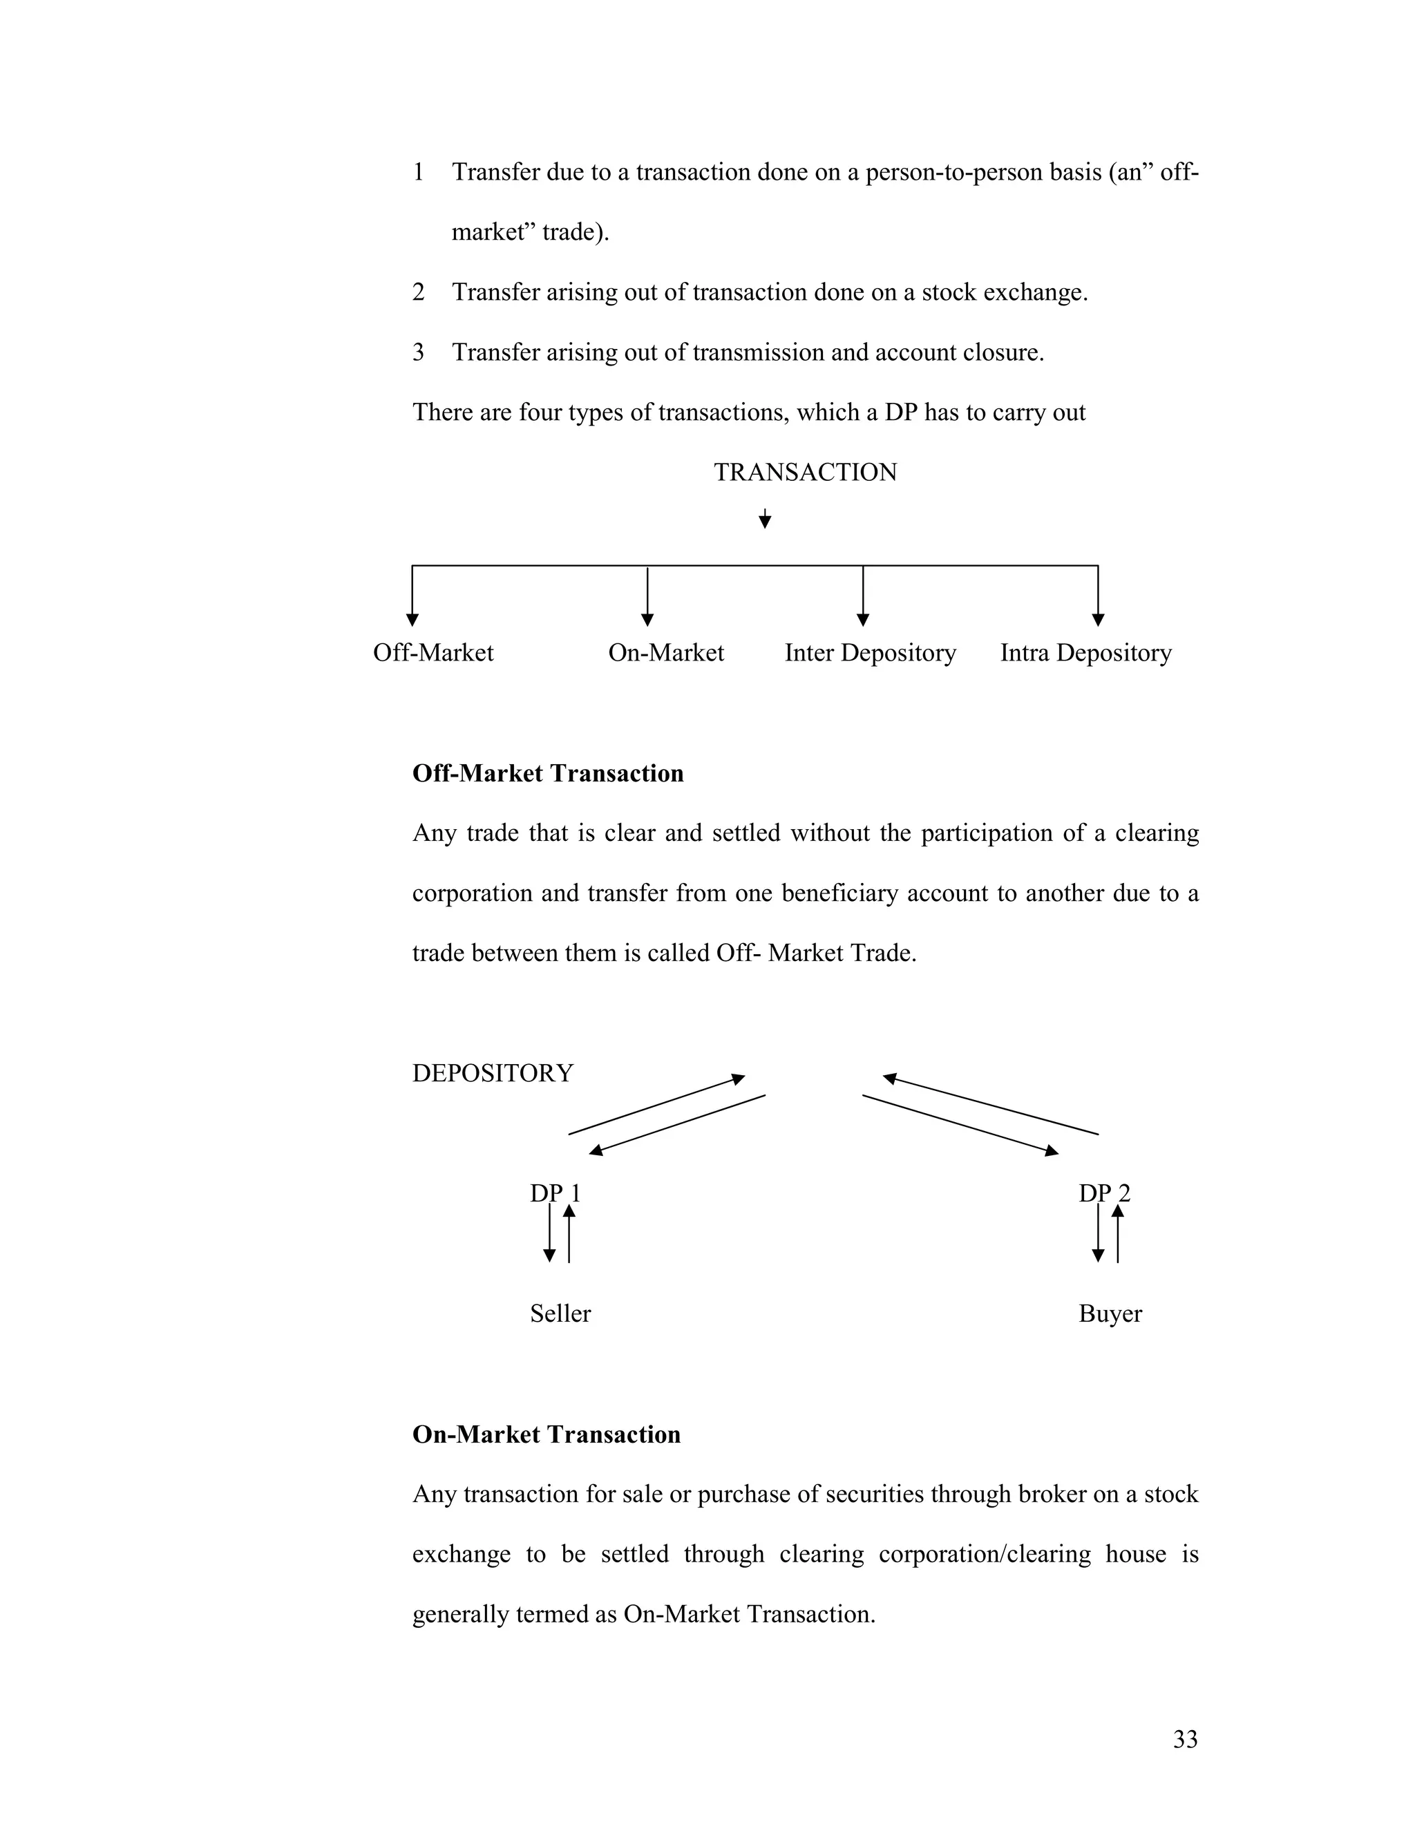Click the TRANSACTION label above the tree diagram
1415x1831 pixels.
(x=805, y=472)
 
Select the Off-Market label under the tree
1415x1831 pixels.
(x=433, y=652)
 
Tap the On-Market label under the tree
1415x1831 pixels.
(x=665, y=652)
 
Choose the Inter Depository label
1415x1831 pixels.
(x=869, y=652)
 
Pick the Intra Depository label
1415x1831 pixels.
(x=1085, y=652)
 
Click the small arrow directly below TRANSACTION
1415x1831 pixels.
(x=765, y=519)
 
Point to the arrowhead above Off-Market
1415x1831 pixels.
(x=412, y=620)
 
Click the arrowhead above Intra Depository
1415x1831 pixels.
(x=1098, y=620)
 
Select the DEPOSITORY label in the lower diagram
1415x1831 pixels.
(x=492, y=1073)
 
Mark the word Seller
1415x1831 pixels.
(x=560, y=1313)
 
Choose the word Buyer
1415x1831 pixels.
(x=1109, y=1313)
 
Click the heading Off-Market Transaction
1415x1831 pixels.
(x=547, y=773)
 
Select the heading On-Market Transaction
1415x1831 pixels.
(x=546, y=1434)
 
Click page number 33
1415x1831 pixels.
(x=1184, y=1740)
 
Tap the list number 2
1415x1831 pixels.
(x=418, y=292)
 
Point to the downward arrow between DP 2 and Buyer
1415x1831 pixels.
(x=1098, y=1234)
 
